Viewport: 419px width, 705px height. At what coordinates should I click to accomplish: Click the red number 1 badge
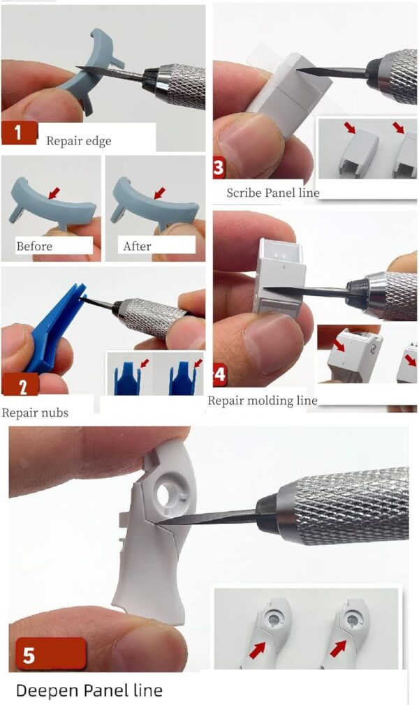[18, 133]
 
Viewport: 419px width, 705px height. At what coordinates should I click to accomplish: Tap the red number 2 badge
[22, 385]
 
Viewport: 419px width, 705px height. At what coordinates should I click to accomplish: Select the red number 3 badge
[219, 168]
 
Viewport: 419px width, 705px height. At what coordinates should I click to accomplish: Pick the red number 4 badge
[220, 376]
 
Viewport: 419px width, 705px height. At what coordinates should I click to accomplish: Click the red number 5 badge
[50, 655]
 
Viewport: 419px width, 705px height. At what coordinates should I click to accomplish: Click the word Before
[34, 246]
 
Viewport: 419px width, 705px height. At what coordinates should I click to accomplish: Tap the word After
[138, 246]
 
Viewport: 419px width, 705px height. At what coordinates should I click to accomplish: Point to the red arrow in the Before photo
[54, 193]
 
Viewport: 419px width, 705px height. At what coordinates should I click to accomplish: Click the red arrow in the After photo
[159, 193]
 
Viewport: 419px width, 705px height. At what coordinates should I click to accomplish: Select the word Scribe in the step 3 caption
[244, 193]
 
